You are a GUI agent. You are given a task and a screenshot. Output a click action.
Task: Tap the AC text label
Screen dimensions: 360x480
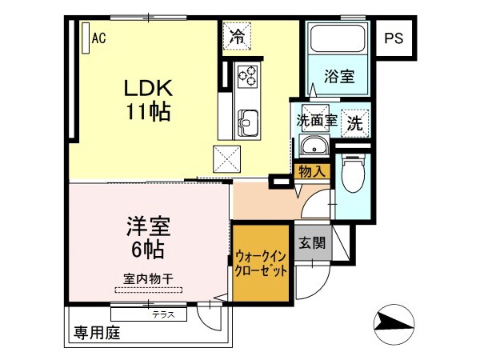98,37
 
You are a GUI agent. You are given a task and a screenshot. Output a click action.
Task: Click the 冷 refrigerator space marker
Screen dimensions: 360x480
236,35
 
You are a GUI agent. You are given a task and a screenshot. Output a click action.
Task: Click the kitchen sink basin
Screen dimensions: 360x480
246,122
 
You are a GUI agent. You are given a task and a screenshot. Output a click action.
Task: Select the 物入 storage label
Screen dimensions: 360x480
310,170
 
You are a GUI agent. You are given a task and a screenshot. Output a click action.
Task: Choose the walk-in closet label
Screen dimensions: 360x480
260,262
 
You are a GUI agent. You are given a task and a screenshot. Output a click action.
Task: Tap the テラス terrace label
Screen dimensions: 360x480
165,314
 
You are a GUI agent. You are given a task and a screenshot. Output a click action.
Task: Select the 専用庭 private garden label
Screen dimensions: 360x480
97,332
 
